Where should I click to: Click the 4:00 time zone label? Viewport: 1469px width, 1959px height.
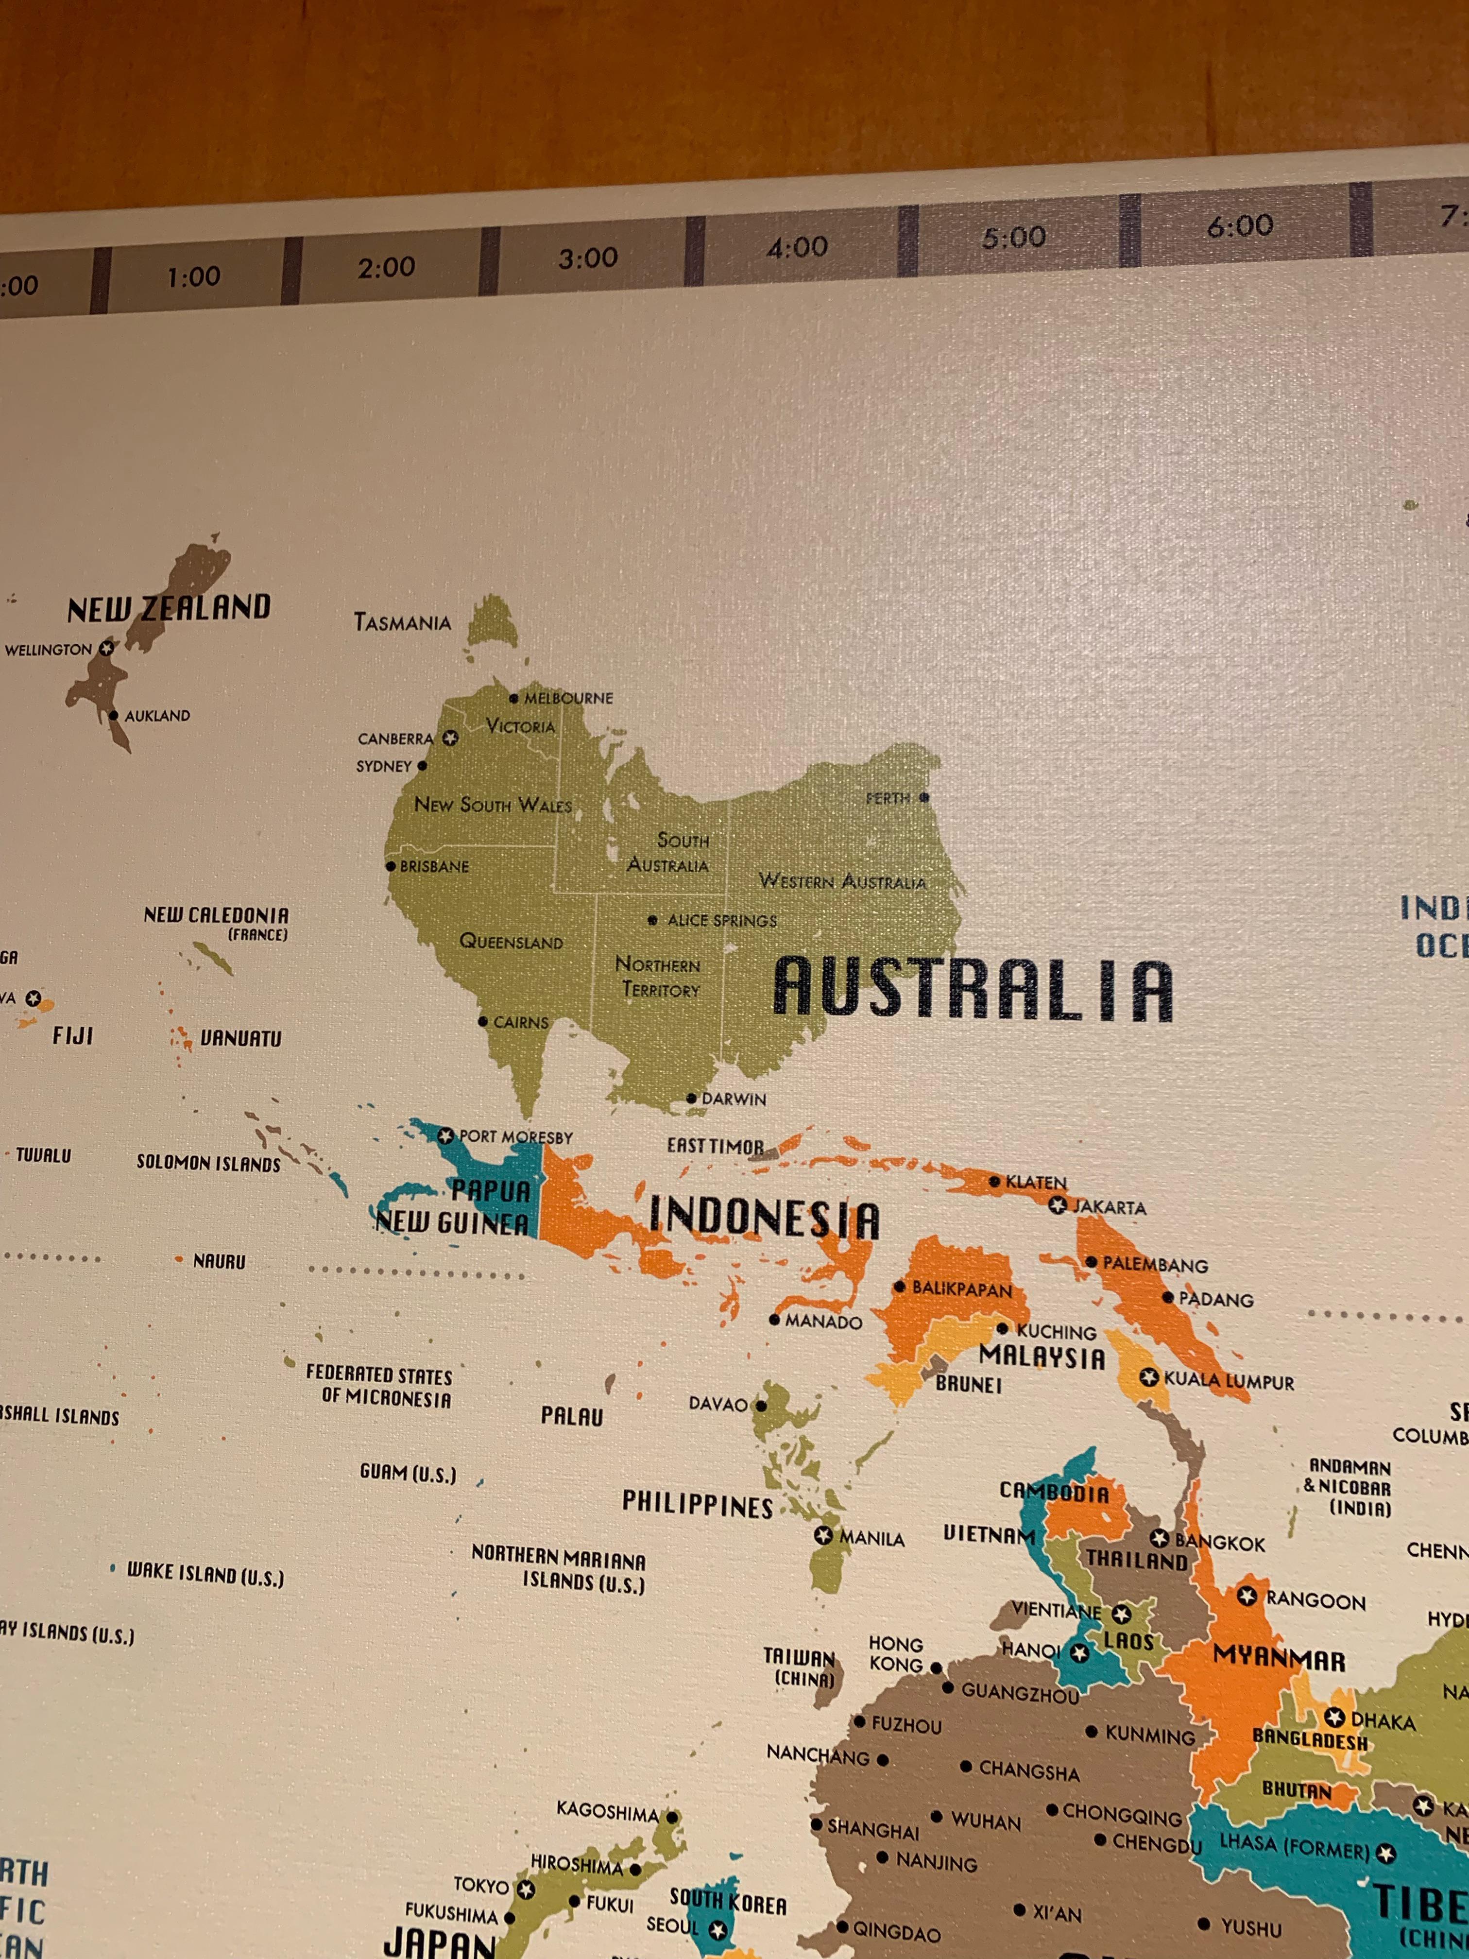click(797, 247)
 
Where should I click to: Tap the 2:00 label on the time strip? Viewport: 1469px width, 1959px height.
click(386, 267)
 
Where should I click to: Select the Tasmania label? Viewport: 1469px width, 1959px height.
click(402, 622)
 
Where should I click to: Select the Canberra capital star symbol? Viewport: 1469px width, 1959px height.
click(451, 737)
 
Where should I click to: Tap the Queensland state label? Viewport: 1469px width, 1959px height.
click(511, 942)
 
